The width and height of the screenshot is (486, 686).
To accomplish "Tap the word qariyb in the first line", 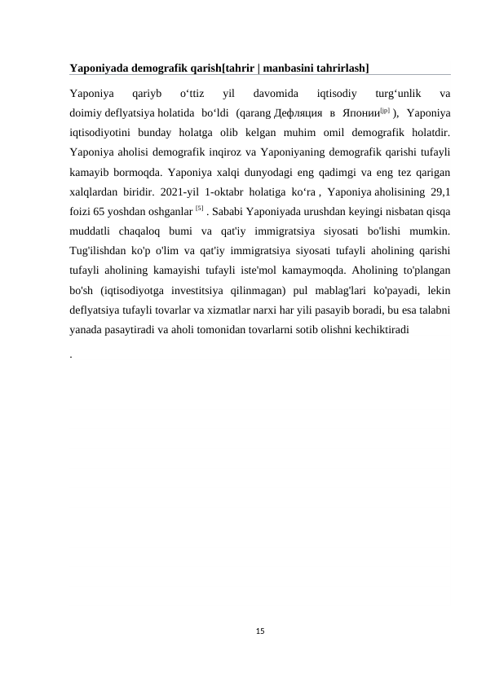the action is pyautogui.click(x=147, y=94).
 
